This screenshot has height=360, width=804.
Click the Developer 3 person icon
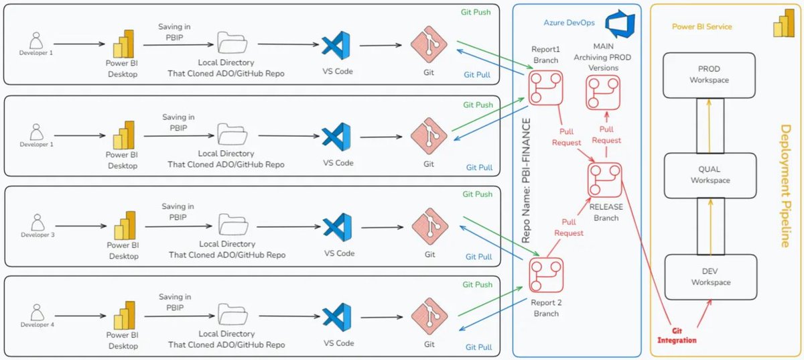[38, 223]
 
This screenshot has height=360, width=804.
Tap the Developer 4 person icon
[37, 312]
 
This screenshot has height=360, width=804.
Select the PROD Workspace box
[709, 75]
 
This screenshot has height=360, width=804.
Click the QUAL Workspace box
[710, 176]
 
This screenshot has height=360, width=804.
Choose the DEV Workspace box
[711, 277]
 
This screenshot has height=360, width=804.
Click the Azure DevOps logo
[620, 23]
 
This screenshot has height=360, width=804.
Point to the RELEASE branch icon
[605, 180]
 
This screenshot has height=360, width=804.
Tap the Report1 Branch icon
[545, 88]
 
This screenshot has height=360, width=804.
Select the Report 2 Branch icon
[546, 275]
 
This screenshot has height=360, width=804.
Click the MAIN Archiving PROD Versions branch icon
[603, 93]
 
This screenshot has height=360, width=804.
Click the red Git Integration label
[677, 336]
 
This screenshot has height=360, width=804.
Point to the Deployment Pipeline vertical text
[786, 186]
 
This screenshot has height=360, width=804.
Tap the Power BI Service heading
[701, 27]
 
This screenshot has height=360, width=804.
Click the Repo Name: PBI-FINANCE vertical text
[526, 181]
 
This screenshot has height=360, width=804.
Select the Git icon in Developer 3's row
[430, 227]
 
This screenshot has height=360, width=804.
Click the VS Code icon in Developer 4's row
[336, 317]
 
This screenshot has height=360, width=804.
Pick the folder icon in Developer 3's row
[233, 224]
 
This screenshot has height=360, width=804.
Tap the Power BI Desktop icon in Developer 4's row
[124, 315]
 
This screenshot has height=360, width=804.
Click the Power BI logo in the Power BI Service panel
[784, 23]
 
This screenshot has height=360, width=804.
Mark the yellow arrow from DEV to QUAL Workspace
[711, 227]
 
